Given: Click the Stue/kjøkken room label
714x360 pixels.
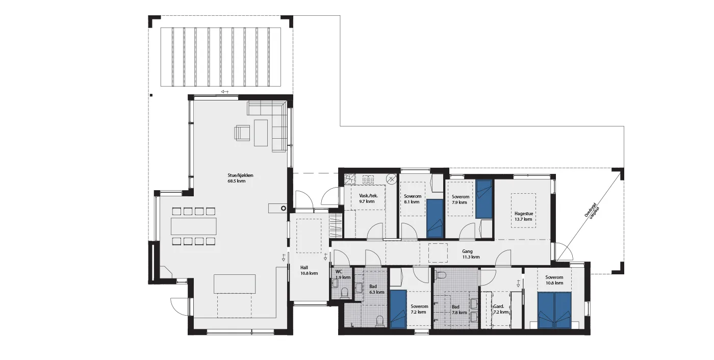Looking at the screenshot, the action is [x=240, y=175].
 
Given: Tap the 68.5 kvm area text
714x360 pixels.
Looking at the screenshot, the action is [x=236, y=181].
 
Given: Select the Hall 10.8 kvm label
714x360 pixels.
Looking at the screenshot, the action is [x=309, y=270].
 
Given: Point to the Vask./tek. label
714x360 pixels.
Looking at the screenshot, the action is [x=368, y=196].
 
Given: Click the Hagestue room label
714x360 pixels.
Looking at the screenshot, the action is [x=524, y=214].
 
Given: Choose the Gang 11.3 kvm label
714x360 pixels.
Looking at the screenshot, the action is [x=471, y=254].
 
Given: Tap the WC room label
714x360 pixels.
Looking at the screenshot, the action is [x=339, y=272].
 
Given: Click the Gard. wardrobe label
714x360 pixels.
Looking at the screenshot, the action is [x=499, y=306].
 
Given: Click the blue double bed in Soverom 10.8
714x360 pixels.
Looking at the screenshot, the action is [x=554, y=310].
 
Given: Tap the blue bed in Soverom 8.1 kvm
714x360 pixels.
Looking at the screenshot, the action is [x=435, y=219].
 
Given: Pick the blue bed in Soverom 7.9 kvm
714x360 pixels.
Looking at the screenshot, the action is [x=484, y=199].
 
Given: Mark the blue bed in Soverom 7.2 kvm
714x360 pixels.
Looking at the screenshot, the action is [x=398, y=309].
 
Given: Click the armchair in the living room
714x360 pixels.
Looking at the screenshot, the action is [x=242, y=133].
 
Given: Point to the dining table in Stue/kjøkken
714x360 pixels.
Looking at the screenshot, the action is [x=193, y=226].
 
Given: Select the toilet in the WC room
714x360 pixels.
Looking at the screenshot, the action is [x=344, y=293].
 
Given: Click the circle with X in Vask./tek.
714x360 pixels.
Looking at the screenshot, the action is [x=392, y=179].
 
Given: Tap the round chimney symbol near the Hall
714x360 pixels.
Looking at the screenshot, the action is [x=283, y=209].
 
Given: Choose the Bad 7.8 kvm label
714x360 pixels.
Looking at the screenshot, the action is [x=459, y=310].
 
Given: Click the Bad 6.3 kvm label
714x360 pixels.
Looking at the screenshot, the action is [x=377, y=289].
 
